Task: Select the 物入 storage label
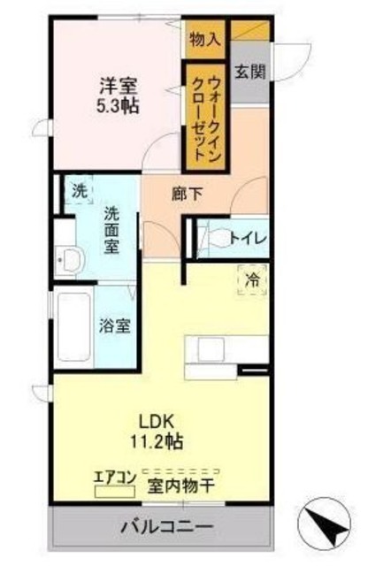point(204,39)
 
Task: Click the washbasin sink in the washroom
point(68,261)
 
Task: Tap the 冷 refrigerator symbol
point(252,279)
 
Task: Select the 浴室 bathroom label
point(116,325)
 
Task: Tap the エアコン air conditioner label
point(115,478)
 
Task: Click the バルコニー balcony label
point(167,527)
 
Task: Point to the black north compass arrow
point(328,524)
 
